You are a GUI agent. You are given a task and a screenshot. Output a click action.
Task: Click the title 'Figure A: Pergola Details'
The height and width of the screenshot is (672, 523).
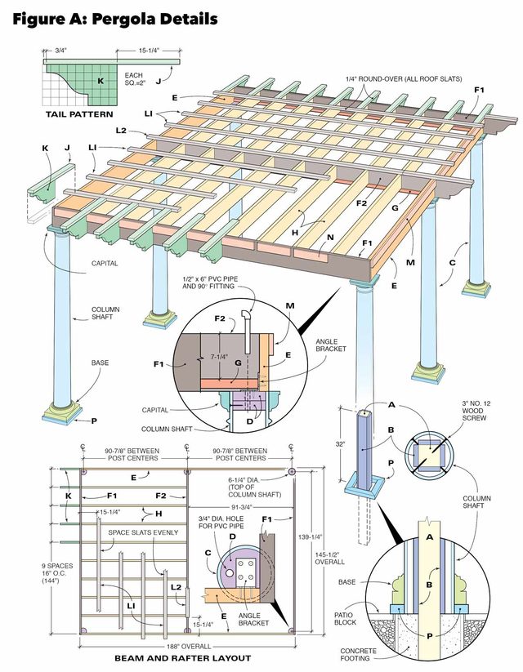(114, 19)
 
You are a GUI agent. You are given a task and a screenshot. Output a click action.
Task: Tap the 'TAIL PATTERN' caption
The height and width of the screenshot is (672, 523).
(78, 114)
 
